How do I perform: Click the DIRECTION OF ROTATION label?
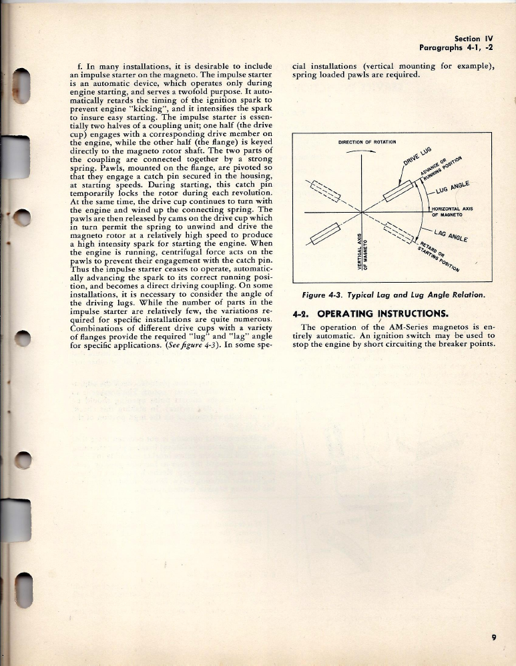click(368, 142)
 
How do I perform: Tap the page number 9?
click(493, 637)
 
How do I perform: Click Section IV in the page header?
click(473, 39)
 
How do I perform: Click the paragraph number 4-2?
click(302, 313)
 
